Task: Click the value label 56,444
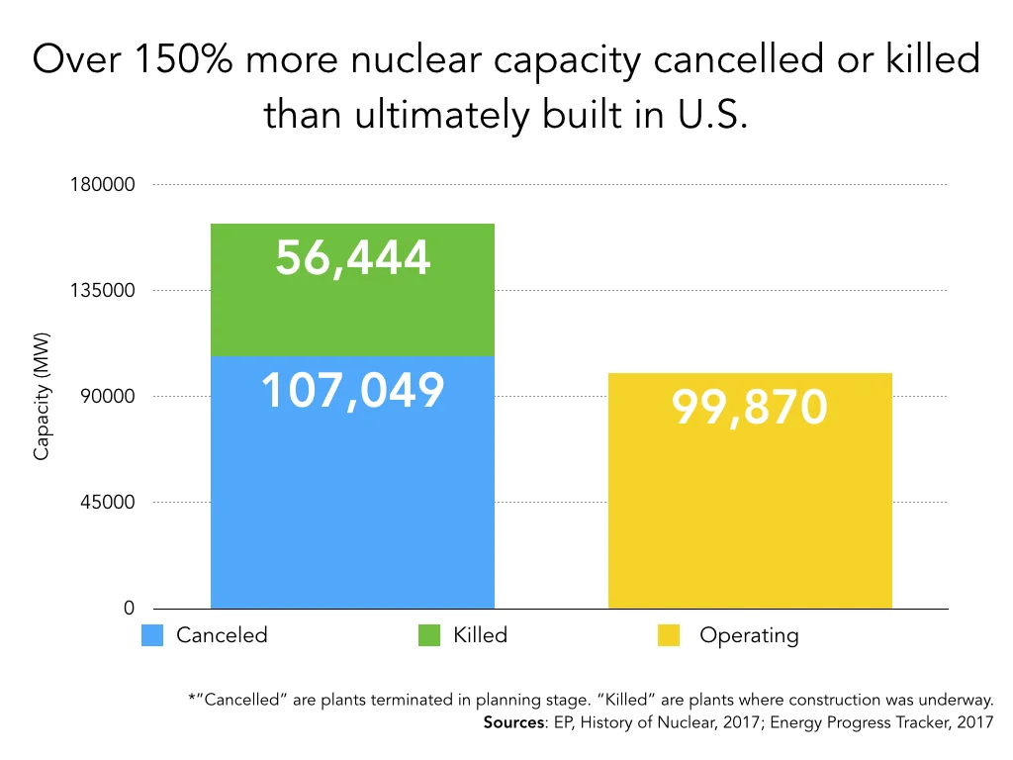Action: click(x=353, y=258)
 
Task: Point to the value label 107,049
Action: click(x=352, y=391)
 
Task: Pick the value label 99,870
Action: click(x=750, y=407)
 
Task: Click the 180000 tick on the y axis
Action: click(x=101, y=185)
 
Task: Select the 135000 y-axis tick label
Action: click(x=101, y=291)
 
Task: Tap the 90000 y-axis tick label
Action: click(x=106, y=397)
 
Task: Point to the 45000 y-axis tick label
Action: click(x=106, y=503)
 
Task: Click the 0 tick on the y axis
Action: click(x=129, y=609)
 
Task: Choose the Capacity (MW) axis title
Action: click(x=42, y=396)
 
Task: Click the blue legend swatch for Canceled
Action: click(x=152, y=635)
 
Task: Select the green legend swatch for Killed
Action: click(x=429, y=635)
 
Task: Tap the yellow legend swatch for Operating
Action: click(x=669, y=635)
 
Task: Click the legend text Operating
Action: click(x=749, y=635)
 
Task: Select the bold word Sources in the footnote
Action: click(x=514, y=722)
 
